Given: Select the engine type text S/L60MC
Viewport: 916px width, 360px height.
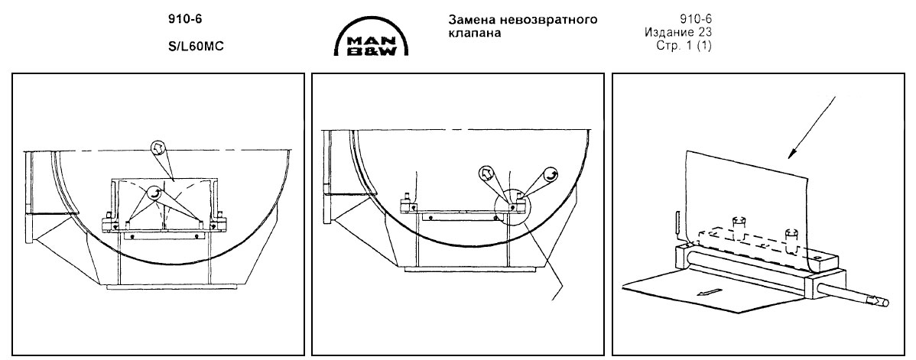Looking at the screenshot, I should click(x=191, y=45).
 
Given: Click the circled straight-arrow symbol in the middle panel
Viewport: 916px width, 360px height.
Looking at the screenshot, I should click(x=486, y=172).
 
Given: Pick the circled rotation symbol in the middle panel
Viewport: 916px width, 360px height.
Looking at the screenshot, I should click(x=549, y=174).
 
